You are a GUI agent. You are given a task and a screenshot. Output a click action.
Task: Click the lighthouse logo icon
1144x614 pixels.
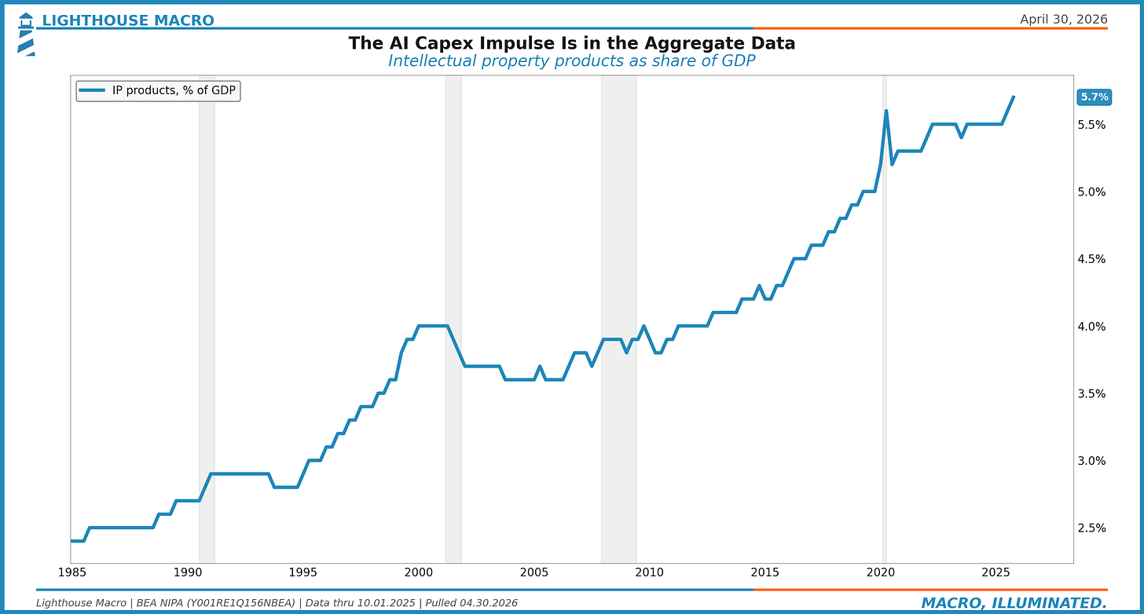26,34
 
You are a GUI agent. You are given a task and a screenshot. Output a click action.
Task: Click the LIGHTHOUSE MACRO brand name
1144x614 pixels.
127,20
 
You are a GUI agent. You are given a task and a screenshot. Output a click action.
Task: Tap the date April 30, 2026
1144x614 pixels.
1063,20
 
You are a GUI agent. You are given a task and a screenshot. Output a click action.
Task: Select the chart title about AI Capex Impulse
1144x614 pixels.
571,44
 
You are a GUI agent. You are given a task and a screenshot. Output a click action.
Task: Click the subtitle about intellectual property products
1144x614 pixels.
571,61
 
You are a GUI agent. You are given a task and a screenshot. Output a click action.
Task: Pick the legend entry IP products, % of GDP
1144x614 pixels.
158,91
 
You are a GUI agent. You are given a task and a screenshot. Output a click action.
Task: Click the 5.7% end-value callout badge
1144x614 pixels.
1094,97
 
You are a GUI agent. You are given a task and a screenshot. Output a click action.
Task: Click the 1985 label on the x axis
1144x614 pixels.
71,572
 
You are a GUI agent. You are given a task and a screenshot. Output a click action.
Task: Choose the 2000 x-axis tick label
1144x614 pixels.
417,572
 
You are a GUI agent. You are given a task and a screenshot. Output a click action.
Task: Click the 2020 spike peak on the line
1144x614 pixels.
885,111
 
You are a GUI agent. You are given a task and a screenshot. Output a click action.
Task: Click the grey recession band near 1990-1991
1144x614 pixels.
207,314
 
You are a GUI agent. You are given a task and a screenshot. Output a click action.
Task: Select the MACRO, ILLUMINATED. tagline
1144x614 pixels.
1014,603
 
